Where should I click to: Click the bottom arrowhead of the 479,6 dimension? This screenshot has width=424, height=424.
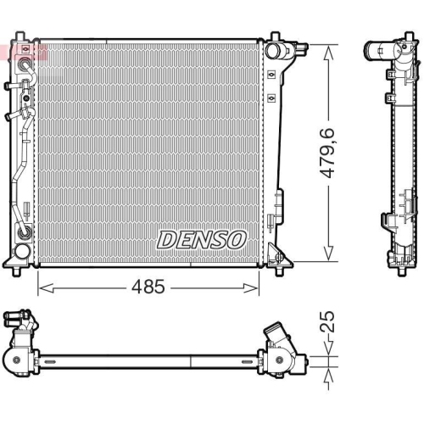[327, 258]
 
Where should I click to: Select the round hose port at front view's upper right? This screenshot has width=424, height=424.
[273, 52]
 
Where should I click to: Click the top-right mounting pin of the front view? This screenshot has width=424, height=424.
[275, 37]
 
